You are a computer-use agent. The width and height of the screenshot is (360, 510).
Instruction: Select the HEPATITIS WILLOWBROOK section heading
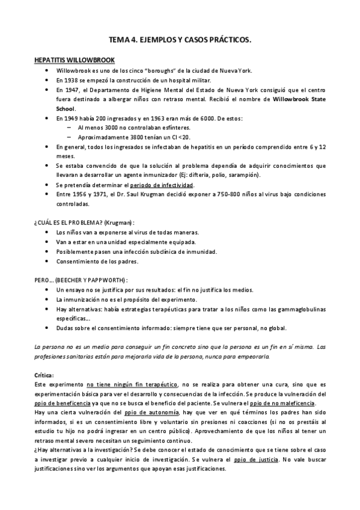pyautogui.click(x=73, y=61)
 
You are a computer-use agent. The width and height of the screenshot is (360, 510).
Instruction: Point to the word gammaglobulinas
pyautogui.click(x=300, y=309)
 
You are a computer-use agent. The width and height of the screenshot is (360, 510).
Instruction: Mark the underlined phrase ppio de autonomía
pyautogui.click(x=151, y=412)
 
